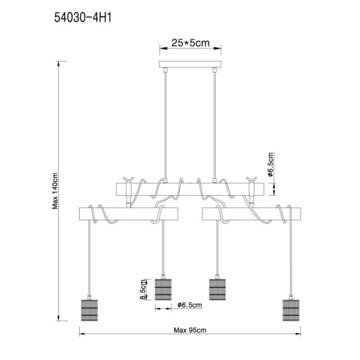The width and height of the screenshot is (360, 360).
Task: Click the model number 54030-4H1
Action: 83,18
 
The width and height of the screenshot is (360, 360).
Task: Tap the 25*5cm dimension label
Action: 190,43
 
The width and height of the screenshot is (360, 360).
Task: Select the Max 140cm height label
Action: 55,191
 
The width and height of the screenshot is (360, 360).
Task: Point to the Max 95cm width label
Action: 190,330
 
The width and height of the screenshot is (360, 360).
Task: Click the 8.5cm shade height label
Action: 143,289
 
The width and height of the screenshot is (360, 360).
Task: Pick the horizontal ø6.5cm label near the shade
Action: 189,305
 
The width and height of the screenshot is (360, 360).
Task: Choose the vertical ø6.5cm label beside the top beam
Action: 271,164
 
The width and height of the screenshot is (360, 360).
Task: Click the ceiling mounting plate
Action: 190,64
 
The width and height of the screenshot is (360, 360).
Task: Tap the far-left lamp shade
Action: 89,310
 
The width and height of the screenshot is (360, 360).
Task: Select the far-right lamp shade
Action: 291,310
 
